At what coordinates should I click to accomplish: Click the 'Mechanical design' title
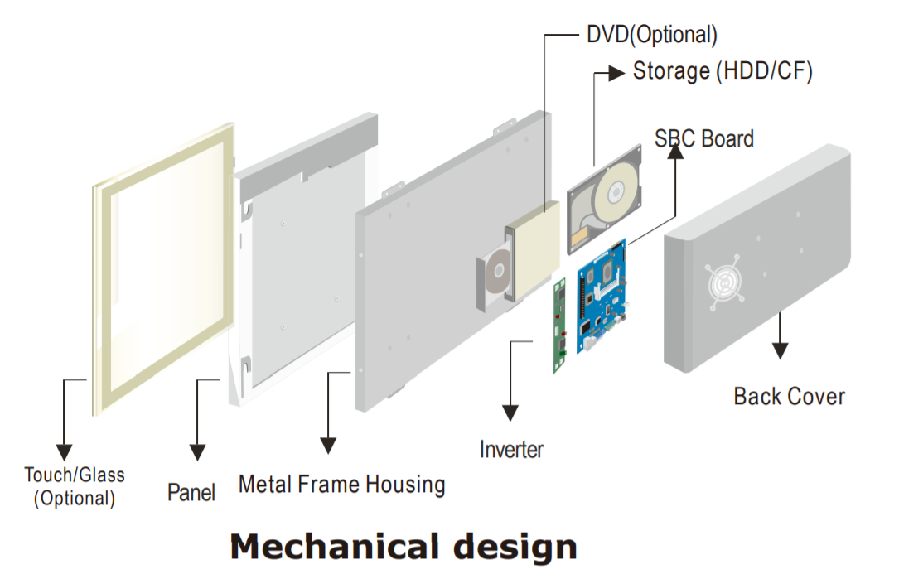click(x=403, y=548)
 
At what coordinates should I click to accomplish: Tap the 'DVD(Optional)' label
click(x=651, y=35)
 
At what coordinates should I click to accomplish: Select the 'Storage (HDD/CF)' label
click(x=723, y=71)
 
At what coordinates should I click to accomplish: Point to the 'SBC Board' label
click(x=704, y=138)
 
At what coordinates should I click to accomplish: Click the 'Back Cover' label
click(x=789, y=396)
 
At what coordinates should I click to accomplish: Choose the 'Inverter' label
click(x=511, y=450)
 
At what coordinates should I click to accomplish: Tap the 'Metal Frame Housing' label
click(x=341, y=484)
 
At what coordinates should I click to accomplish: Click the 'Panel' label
click(x=191, y=492)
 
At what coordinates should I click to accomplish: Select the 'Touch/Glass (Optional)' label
click(x=74, y=486)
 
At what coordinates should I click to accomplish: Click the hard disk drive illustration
click(x=605, y=199)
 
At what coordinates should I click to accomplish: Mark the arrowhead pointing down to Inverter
click(x=510, y=412)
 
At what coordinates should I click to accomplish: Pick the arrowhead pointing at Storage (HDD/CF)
click(x=616, y=73)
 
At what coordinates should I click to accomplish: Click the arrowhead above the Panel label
click(x=197, y=451)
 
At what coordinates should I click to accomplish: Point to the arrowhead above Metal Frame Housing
click(x=329, y=445)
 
